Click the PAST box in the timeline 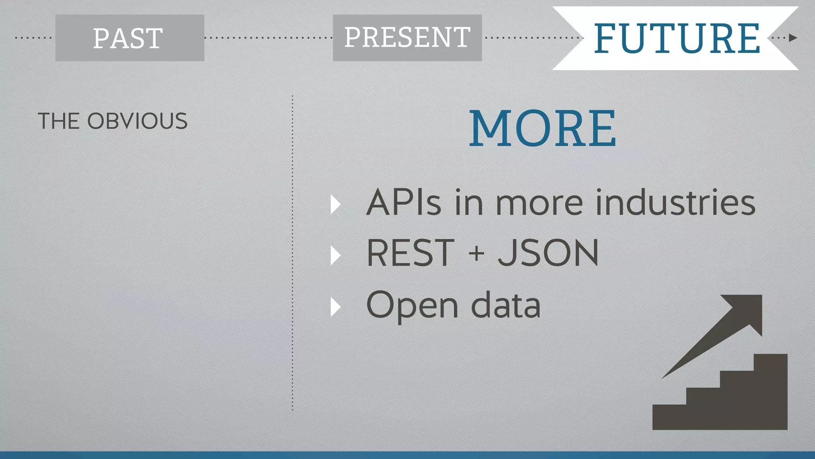click(x=130, y=38)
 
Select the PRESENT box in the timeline click(x=407, y=38)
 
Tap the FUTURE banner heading click(x=677, y=38)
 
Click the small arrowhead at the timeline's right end click(x=793, y=38)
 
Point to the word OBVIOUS click(x=137, y=121)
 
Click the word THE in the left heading click(x=58, y=121)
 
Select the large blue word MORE click(x=543, y=128)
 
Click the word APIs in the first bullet click(x=404, y=202)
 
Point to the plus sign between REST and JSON click(x=476, y=253)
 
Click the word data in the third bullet click(x=506, y=305)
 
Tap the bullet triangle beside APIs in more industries click(x=335, y=204)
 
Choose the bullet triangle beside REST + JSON click(x=335, y=255)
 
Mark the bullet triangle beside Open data click(x=335, y=307)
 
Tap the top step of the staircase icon click(x=770, y=363)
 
